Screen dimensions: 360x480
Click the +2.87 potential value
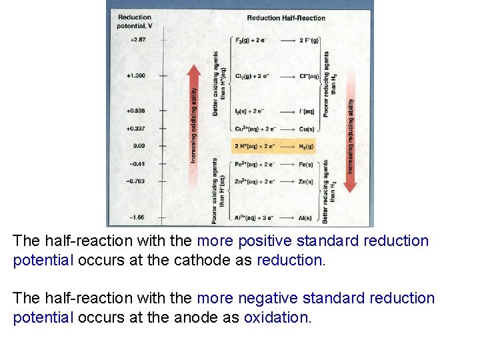click(x=136, y=40)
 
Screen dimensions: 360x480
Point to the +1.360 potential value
click(x=135, y=76)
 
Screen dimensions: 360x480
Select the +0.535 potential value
click(x=135, y=111)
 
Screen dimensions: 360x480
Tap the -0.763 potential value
click(x=135, y=181)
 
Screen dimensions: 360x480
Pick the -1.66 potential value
click(x=136, y=217)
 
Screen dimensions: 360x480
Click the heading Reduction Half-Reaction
click(x=286, y=18)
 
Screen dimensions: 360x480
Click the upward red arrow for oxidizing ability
click(x=194, y=120)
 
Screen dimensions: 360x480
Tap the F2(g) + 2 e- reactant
click(x=251, y=41)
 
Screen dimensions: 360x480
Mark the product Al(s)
click(x=305, y=218)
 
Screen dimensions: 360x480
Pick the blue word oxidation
click(x=276, y=317)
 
